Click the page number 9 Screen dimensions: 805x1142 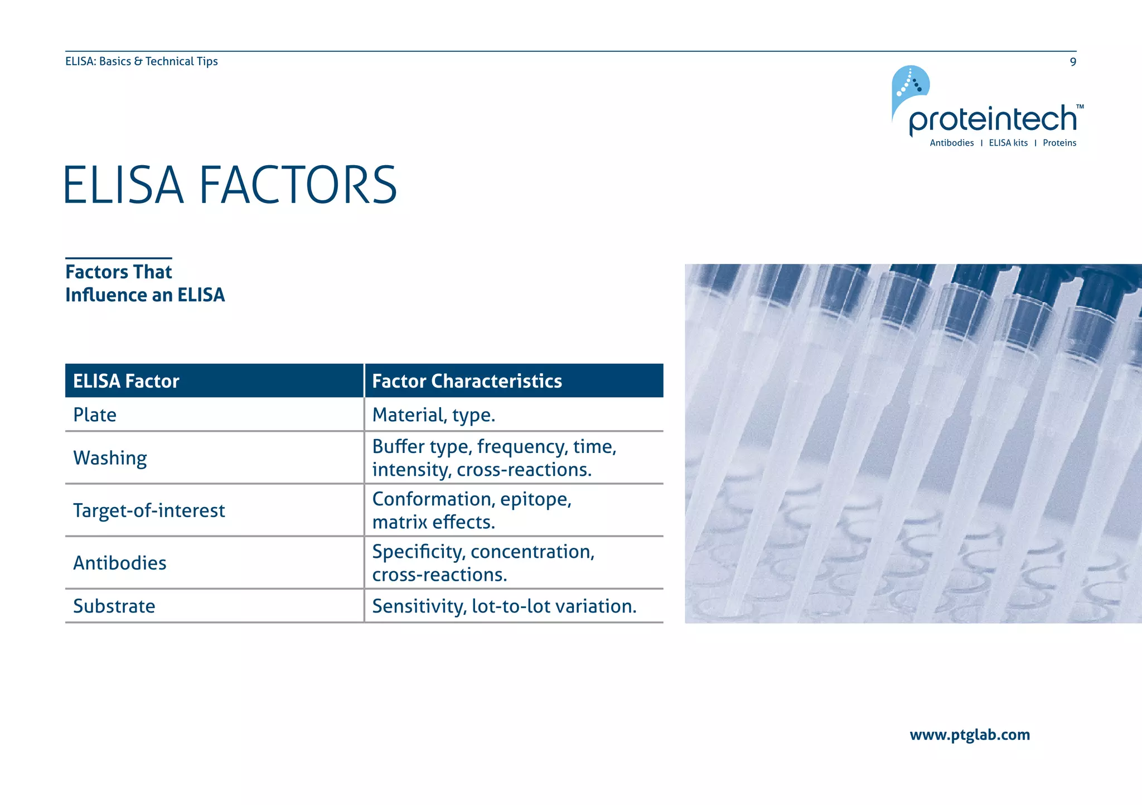(x=1072, y=62)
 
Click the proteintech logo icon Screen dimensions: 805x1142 (x=910, y=86)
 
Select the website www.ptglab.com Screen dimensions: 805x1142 (x=970, y=735)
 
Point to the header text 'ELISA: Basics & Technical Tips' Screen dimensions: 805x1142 (x=142, y=61)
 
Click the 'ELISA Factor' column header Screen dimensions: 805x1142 (x=126, y=381)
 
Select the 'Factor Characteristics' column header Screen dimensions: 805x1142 (x=467, y=381)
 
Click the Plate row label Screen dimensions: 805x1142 (x=95, y=415)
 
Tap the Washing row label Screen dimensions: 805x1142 (x=110, y=458)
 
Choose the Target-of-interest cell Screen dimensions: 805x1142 (x=149, y=510)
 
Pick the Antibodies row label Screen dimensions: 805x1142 (x=120, y=563)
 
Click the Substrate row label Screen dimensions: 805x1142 (x=114, y=606)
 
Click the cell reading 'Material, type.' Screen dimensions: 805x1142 (x=433, y=415)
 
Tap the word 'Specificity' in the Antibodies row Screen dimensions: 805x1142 (x=418, y=552)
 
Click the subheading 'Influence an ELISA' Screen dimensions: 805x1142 (x=145, y=295)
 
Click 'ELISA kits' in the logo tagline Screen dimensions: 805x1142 (x=1008, y=143)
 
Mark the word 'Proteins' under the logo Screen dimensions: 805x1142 (x=1059, y=143)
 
